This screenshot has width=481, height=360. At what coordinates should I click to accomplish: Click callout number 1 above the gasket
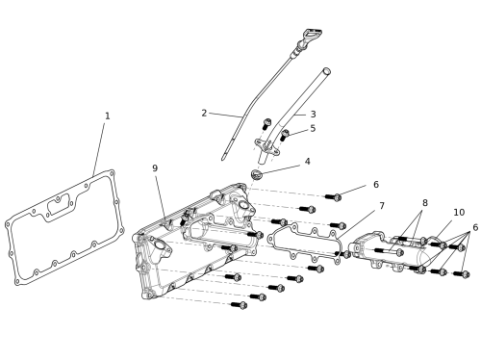[x=108, y=116]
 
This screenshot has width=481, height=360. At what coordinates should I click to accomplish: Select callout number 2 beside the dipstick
[x=204, y=113]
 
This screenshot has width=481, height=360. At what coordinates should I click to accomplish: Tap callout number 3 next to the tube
[x=313, y=115]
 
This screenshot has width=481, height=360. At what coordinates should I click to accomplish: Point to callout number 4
[x=307, y=161]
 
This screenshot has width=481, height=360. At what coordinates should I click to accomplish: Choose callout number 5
[x=313, y=128]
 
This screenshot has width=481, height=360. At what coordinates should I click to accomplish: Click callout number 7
[x=382, y=206]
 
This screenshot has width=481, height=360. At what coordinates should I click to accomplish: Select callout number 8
[x=425, y=203]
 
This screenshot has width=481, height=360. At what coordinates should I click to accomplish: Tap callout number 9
[x=155, y=168]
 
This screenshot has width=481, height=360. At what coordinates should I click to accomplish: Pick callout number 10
[x=459, y=213]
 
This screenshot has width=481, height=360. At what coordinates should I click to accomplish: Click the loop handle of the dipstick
[x=313, y=34]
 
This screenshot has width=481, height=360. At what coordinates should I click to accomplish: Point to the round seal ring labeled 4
[x=257, y=174]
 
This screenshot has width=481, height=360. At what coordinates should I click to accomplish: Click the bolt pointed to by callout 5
[x=284, y=135]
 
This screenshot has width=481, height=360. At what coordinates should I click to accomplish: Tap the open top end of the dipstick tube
[x=326, y=71]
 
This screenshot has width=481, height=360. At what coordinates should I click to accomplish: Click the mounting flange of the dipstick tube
[x=266, y=146]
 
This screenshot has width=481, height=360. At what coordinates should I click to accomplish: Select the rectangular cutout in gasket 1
[x=60, y=205]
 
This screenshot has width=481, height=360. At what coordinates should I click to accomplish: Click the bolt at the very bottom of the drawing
[x=240, y=305]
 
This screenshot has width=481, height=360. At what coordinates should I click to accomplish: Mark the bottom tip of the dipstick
[x=223, y=159]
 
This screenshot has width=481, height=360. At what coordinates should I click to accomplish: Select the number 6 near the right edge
[x=475, y=227]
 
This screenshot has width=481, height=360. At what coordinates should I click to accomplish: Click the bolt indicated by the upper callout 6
[x=333, y=197]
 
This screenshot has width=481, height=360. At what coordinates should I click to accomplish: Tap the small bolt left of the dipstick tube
[x=266, y=123]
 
